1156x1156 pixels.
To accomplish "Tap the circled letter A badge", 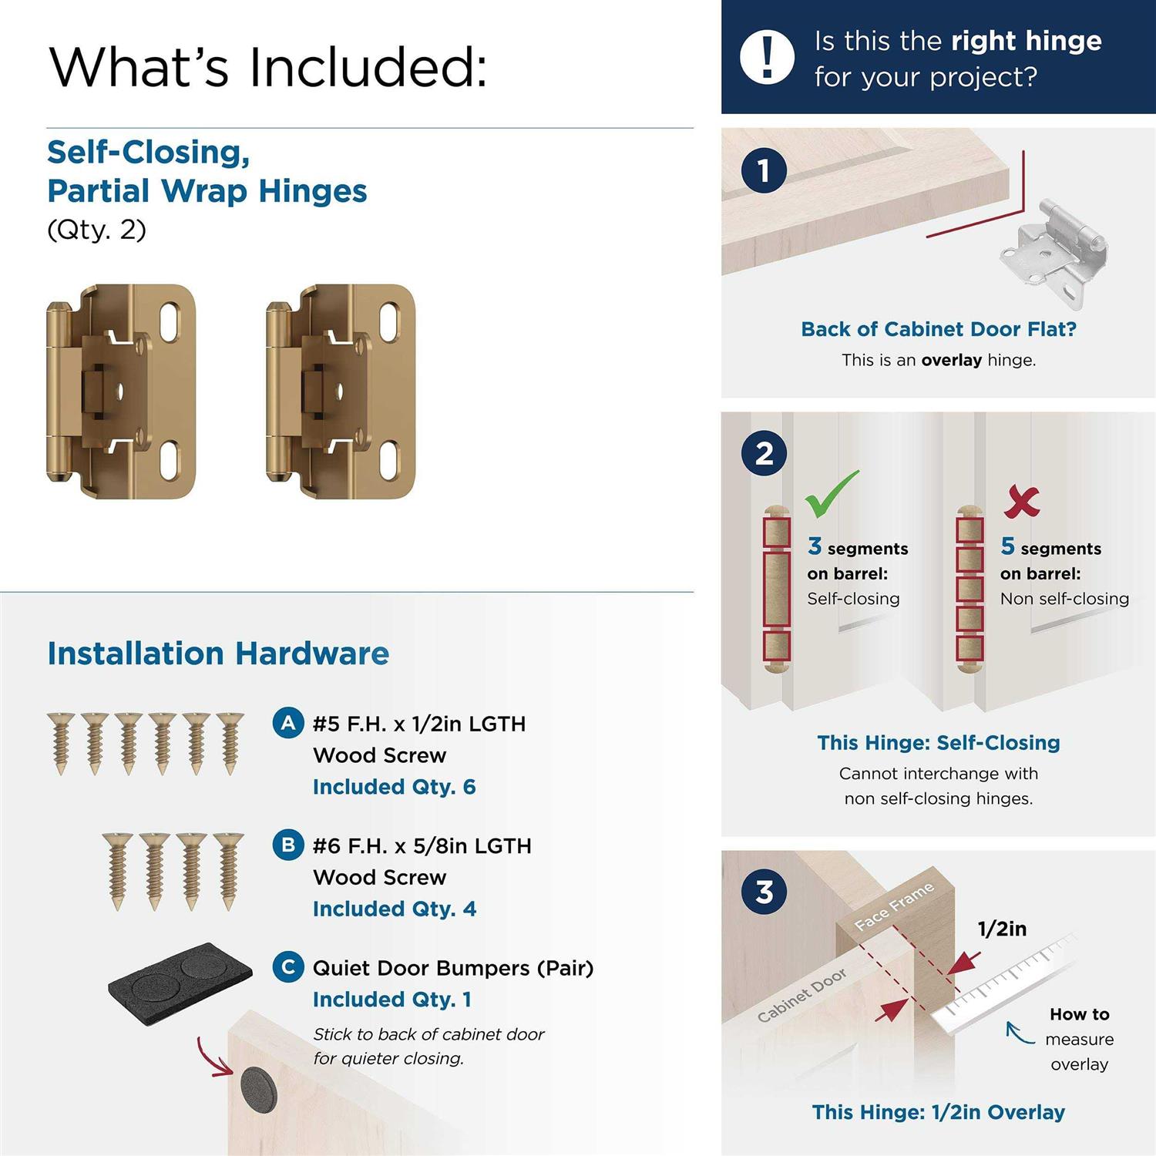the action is pyautogui.click(x=288, y=724).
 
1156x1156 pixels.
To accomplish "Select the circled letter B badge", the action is pyautogui.click(x=288, y=845).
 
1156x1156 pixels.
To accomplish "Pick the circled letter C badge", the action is pyautogui.click(x=288, y=967).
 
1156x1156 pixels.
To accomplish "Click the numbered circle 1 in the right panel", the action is pyautogui.click(x=764, y=170).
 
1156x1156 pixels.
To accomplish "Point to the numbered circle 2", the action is pyautogui.click(x=764, y=453).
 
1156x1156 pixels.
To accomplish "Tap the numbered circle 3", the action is pyautogui.click(x=764, y=892).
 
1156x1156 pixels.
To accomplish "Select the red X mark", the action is pyautogui.click(x=1022, y=502).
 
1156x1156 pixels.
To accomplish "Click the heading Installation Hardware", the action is pyautogui.click(x=218, y=654).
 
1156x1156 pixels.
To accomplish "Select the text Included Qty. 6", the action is pyautogui.click(x=394, y=787).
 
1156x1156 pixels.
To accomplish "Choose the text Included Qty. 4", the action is pyautogui.click(x=394, y=909).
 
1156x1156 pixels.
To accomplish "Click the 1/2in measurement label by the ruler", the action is pyautogui.click(x=1002, y=929).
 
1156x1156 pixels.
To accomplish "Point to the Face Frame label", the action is pyautogui.click(x=895, y=906).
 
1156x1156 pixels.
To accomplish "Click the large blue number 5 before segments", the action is pyautogui.click(x=1007, y=546).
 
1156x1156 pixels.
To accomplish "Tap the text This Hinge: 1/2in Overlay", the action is pyautogui.click(x=939, y=1112).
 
